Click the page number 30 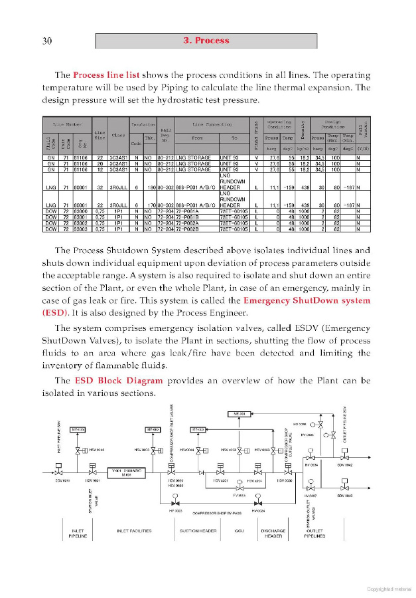(x=47, y=41)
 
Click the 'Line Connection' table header (x=212, y=124)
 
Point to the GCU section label (x=240, y=530)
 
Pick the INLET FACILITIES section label (x=134, y=530)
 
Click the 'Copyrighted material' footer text (x=389, y=588)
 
